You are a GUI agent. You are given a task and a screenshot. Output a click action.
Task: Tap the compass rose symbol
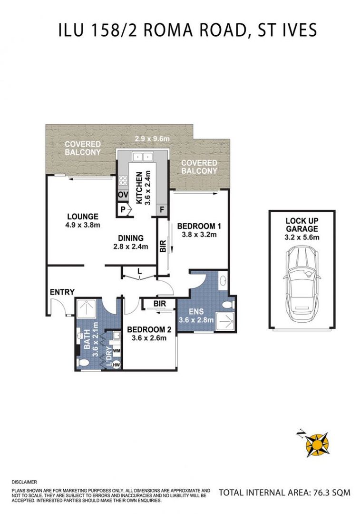click(x=315, y=444)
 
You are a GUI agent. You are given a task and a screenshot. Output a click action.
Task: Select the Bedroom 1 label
click(x=199, y=230)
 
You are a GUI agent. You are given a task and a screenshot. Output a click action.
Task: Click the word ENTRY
click(x=62, y=292)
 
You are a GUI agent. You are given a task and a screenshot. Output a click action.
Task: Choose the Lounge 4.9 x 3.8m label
click(x=83, y=221)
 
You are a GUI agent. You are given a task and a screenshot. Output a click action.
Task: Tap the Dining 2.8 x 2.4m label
click(x=131, y=242)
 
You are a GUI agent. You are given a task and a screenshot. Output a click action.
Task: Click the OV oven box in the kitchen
click(x=123, y=195)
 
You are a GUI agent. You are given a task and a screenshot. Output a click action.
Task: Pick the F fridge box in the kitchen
click(x=162, y=209)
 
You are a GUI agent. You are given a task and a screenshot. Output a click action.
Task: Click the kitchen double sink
click(x=143, y=157)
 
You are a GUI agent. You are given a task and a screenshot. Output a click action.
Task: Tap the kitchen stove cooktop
click(x=123, y=180)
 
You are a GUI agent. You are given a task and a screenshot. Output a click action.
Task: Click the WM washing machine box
click(x=117, y=351)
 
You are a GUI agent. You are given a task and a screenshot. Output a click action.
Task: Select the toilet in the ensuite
click(x=228, y=305)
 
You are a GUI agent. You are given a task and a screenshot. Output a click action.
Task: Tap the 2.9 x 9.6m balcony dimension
click(x=152, y=138)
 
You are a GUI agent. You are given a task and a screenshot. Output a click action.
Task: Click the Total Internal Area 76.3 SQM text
click(x=284, y=493)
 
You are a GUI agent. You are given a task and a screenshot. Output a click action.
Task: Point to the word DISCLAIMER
click(x=24, y=482)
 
